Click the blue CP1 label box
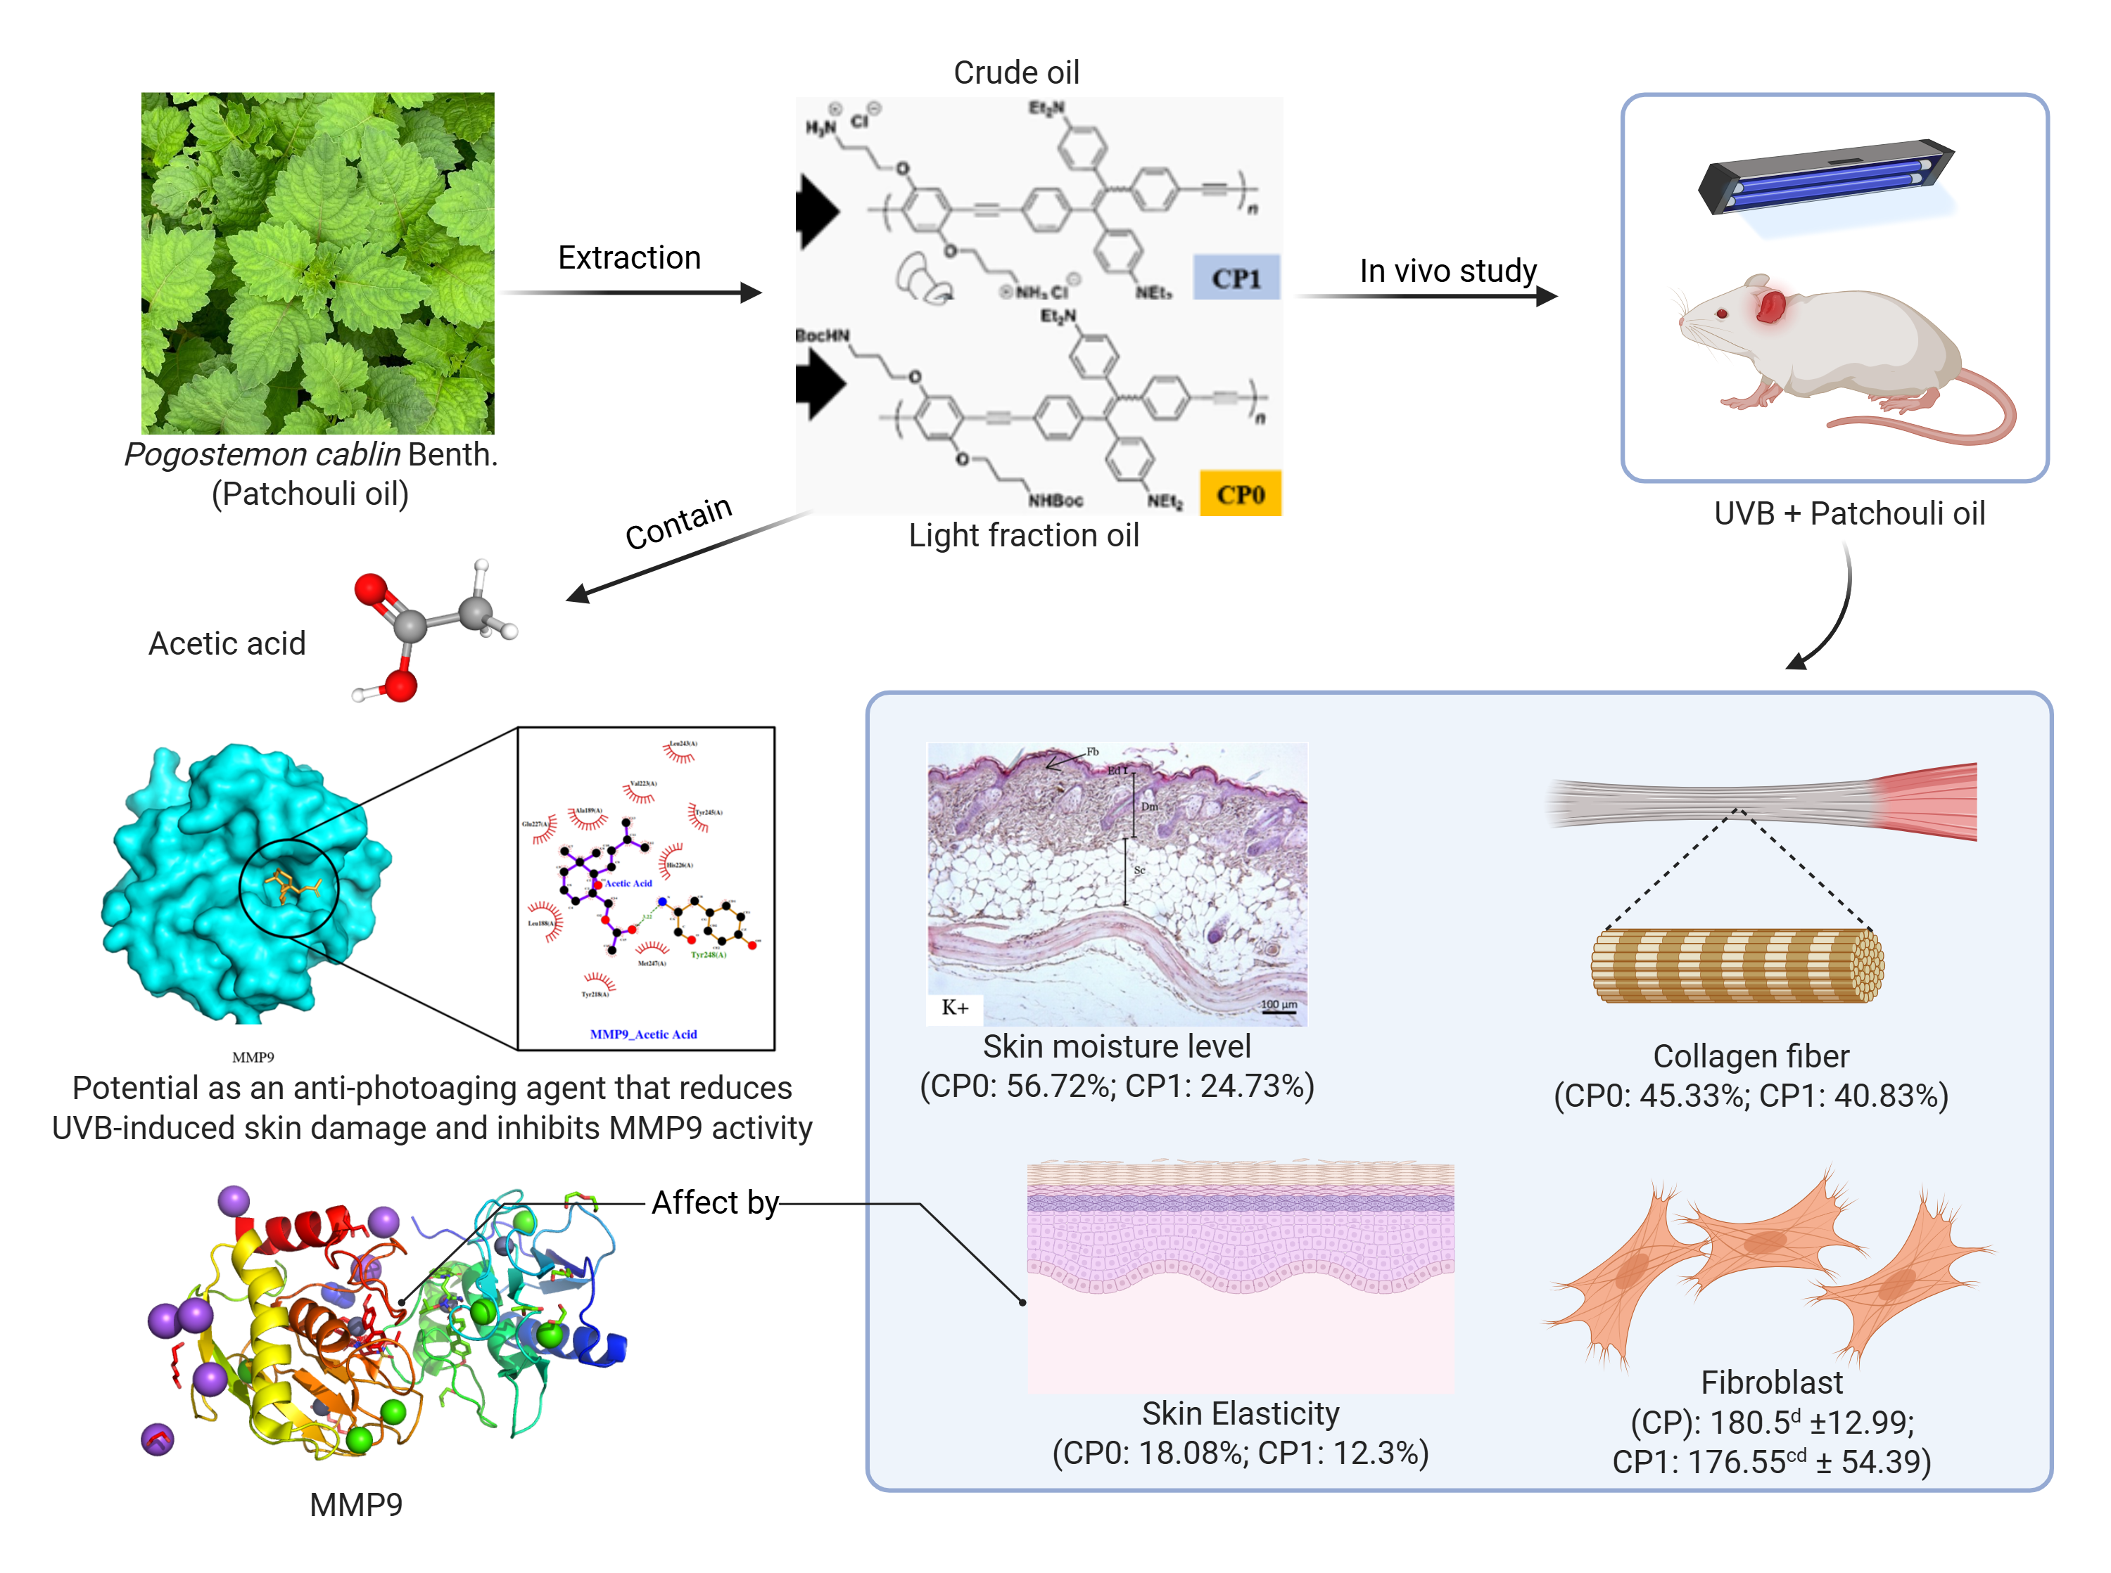coord(1236,277)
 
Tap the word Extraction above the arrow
coord(629,257)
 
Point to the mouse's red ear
coord(1770,306)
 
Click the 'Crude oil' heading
coord(1015,72)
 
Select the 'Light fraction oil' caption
coord(1023,535)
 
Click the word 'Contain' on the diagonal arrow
coord(678,522)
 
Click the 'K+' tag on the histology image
coord(954,1008)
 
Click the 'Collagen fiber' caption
coord(1751,1056)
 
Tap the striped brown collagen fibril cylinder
coord(1737,965)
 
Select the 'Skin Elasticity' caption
coord(1241,1413)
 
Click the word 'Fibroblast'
coord(1772,1382)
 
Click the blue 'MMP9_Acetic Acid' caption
coord(643,1034)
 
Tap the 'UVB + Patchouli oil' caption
coord(1849,513)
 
